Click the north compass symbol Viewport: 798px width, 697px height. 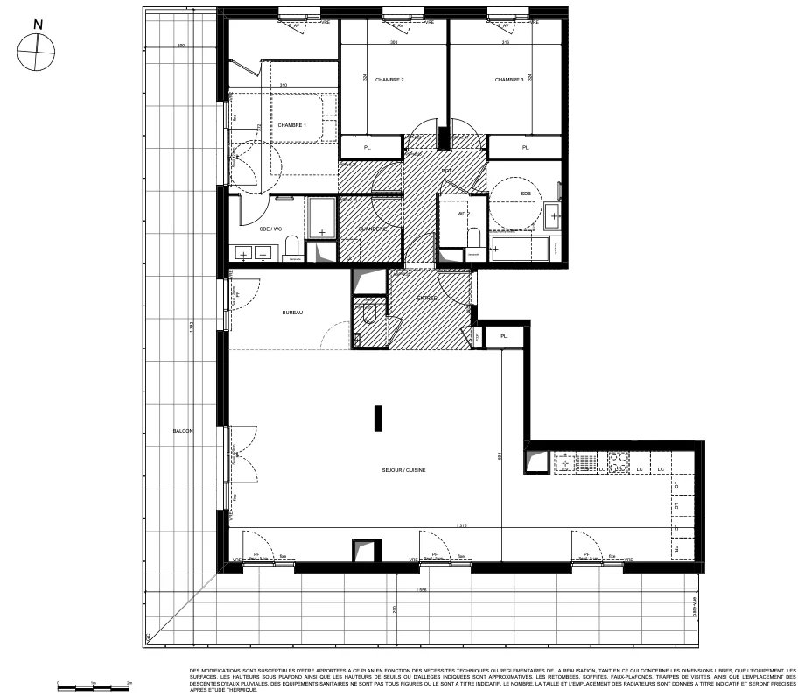(x=37, y=52)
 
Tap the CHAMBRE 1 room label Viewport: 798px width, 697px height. (x=291, y=125)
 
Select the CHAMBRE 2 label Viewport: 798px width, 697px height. (x=389, y=80)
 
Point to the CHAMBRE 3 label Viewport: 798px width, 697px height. (x=509, y=80)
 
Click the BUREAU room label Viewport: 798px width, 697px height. (x=292, y=313)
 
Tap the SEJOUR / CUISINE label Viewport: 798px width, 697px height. (x=403, y=470)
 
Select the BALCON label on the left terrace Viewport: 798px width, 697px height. (x=183, y=431)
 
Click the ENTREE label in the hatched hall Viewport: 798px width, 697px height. (x=427, y=299)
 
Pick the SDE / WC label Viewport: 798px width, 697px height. (x=270, y=229)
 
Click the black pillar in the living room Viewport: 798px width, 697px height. (x=378, y=418)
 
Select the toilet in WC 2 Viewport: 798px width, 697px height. (x=474, y=239)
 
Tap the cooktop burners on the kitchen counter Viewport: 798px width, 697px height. (x=619, y=462)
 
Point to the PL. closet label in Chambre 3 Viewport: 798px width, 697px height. (x=526, y=148)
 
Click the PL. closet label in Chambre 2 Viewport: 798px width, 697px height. (x=367, y=148)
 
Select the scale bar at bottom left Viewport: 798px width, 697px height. (x=93, y=682)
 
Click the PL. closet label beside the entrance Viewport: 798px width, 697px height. (x=504, y=335)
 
